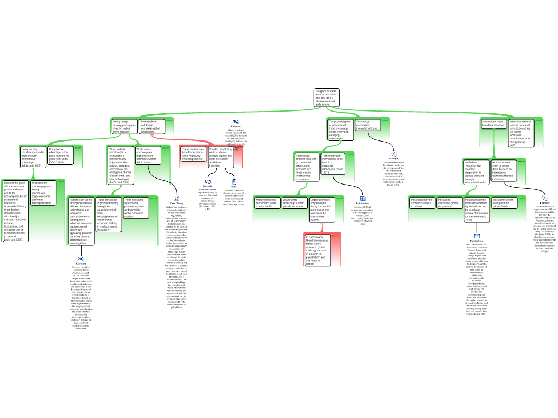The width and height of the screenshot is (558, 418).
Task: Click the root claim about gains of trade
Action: coord(326,97)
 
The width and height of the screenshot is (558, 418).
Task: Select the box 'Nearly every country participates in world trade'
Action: coord(124,126)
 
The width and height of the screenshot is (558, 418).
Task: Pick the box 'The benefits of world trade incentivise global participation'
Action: coord(151,126)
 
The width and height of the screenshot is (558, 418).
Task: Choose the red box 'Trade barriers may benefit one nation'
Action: coord(193,153)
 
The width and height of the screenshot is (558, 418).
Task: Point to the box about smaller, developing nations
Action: coord(221,157)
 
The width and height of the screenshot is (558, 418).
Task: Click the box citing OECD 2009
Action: coord(61,156)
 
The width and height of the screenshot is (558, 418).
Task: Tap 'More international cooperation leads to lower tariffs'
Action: coord(267,203)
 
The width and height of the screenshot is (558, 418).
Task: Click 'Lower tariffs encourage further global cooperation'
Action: coord(294,203)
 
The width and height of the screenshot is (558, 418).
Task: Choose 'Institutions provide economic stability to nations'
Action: coord(422,203)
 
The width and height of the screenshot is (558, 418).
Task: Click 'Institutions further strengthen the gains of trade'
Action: coord(504,203)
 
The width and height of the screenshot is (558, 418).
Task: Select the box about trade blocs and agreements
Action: coord(136,208)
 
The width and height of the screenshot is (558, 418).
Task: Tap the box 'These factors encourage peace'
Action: coord(43,193)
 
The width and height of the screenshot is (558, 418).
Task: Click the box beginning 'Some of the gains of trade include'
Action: coord(15,211)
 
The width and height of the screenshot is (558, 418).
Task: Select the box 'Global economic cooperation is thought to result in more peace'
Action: coord(322,210)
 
